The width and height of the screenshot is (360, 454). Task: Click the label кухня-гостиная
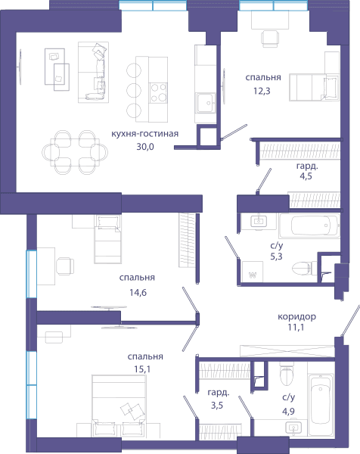(144, 134)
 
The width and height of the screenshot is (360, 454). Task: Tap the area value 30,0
(145, 147)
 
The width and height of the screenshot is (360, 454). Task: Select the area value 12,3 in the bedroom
(262, 91)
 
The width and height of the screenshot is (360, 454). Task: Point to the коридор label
(296, 317)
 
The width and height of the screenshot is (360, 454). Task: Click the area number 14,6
(138, 292)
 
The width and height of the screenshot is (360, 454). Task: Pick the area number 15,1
(142, 369)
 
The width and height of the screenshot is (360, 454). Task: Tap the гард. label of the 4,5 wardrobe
(307, 166)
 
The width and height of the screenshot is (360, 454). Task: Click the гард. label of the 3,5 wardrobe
(219, 393)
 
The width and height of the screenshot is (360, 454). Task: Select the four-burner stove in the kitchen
(158, 92)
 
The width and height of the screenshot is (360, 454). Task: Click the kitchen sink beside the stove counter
(206, 103)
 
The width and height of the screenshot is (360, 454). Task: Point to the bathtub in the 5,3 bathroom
(309, 225)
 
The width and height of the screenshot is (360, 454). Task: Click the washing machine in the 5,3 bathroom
(253, 272)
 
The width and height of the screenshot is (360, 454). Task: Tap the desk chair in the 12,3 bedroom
(270, 39)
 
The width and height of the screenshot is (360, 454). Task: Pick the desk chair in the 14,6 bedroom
(65, 266)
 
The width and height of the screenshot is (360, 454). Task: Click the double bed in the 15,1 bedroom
(119, 406)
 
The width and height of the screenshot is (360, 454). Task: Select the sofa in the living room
(93, 72)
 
